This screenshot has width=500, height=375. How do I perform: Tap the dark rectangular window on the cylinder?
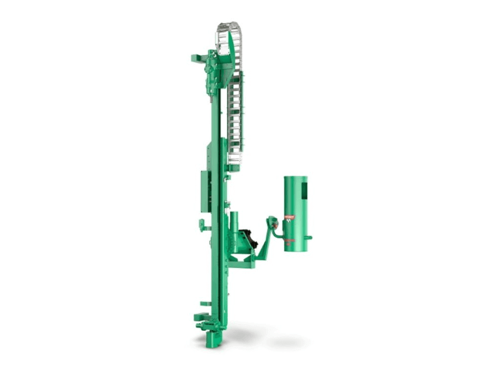tap(304, 191)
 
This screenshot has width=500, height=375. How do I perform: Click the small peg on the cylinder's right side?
tap(309, 237)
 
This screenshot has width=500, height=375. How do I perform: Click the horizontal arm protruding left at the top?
tap(198, 57)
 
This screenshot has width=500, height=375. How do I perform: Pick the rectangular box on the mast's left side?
tap(205, 190)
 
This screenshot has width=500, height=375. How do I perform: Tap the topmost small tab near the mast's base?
tap(205, 304)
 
